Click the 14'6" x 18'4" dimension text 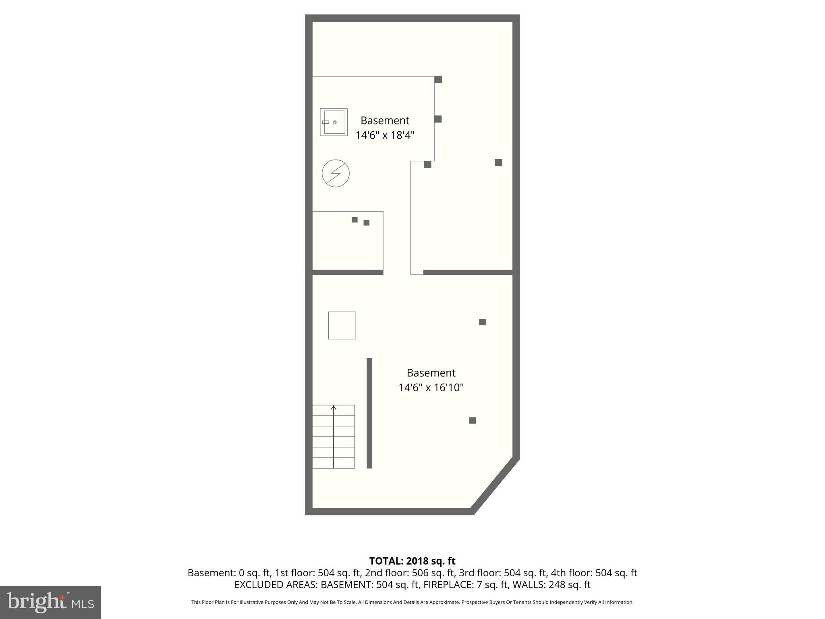coord(385,135)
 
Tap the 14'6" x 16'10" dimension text coord(431,388)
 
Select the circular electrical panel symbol coord(336,173)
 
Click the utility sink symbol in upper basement coord(334,122)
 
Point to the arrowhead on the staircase coord(334,408)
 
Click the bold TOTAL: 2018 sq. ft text coord(412,561)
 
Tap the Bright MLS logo coord(50,602)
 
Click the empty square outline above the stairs coord(342,325)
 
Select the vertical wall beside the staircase coord(369,413)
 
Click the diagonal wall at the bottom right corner coord(495,485)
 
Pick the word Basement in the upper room coord(385,120)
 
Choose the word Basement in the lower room coord(431,373)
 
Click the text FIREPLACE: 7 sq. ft coord(464,585)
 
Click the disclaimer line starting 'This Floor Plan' coord(412,602)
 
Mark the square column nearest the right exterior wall coord(498,162)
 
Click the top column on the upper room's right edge coord(438,79)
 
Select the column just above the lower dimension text coord(482,322)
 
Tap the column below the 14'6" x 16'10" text coord(473,420)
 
